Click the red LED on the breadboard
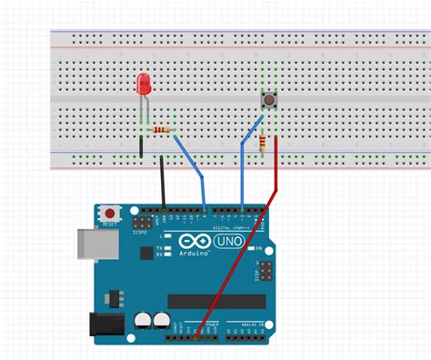pos(143,85)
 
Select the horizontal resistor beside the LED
pos(163,131)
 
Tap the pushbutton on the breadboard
pos(269,100)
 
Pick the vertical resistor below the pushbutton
pos(263,144)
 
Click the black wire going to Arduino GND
pos(163,185)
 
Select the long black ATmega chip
pos(216,301)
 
